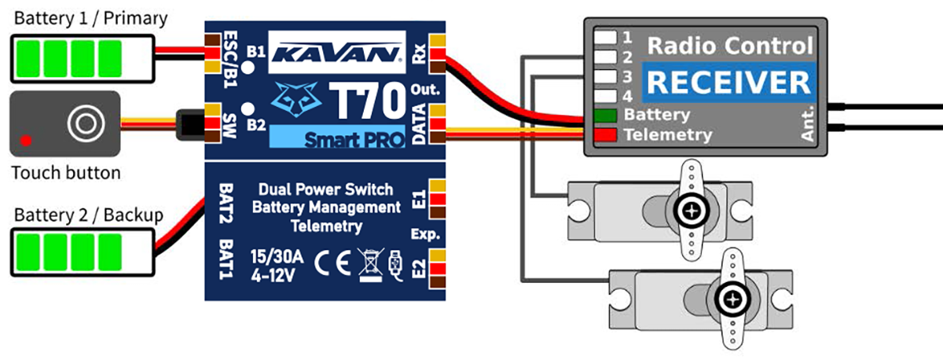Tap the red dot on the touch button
[x=27, y=141]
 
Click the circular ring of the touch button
[x=81, y=122]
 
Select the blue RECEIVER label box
[x=727, y=82]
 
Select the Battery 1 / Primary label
[x=91, y=17]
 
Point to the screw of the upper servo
[x=691, y=211]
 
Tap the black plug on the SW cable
[x=189, y=122]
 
